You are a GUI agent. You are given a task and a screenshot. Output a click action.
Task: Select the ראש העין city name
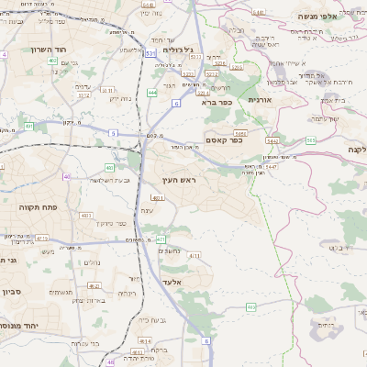pos(180,181)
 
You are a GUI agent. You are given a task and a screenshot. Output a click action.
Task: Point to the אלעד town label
pos(172,282)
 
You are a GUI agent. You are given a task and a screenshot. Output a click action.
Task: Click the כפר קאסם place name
pos(223,140)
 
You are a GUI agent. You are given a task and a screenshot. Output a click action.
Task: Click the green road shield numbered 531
pos(150,54)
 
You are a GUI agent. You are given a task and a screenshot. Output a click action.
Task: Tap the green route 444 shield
pos(151,93)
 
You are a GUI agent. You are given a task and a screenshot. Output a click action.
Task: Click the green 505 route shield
pos(311,139)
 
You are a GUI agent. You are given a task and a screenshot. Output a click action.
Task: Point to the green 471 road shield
pos(161,239)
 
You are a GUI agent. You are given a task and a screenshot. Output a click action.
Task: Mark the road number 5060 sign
pos(240,133)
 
